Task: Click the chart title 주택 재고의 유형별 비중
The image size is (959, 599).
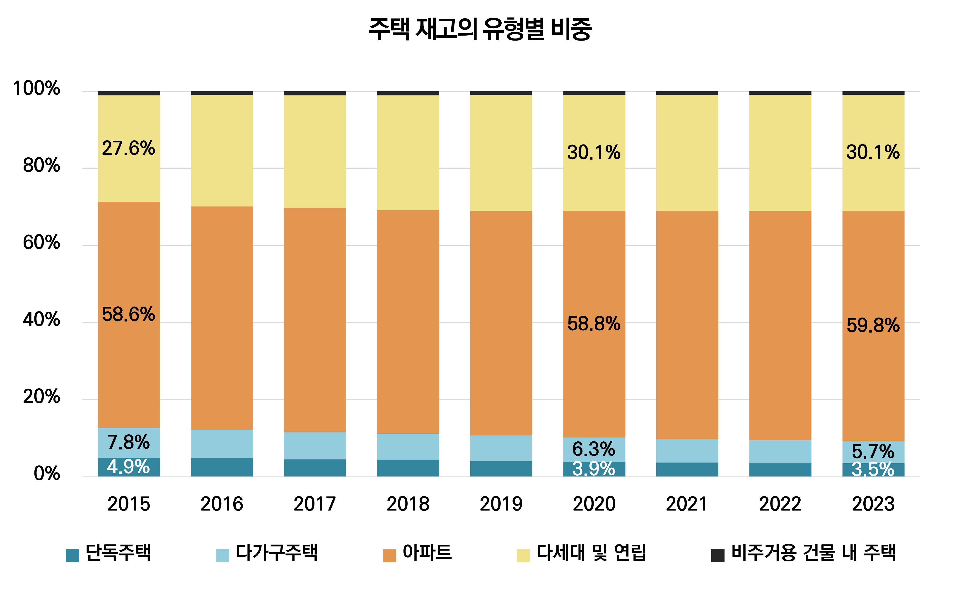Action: [x=479, y=29]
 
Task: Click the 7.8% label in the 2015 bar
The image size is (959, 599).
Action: [x=128, y=442]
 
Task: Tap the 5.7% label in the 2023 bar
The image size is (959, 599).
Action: [x=873, y=451]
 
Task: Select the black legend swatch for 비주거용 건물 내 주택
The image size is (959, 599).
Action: [x=718, y=556]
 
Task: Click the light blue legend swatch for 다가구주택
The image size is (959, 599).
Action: [x=222, y=556]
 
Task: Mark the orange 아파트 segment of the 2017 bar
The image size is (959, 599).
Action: [x=315, y=320]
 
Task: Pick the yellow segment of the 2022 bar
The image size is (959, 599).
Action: [x=780, y=153]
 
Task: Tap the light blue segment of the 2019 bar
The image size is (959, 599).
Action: [x=501, y=448]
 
